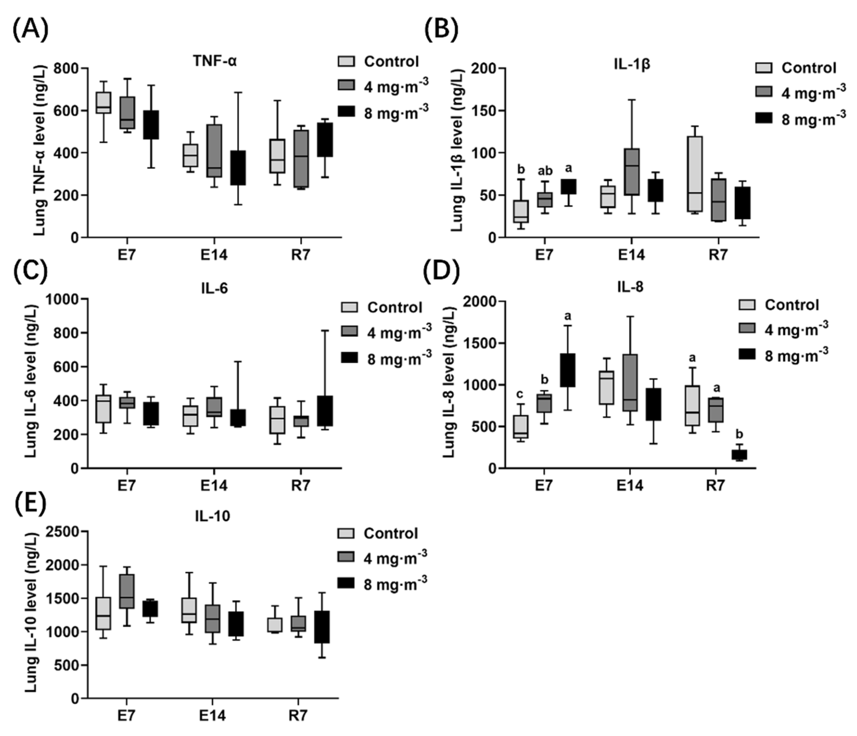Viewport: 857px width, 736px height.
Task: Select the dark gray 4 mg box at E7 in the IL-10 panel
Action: [x=127, y=591]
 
